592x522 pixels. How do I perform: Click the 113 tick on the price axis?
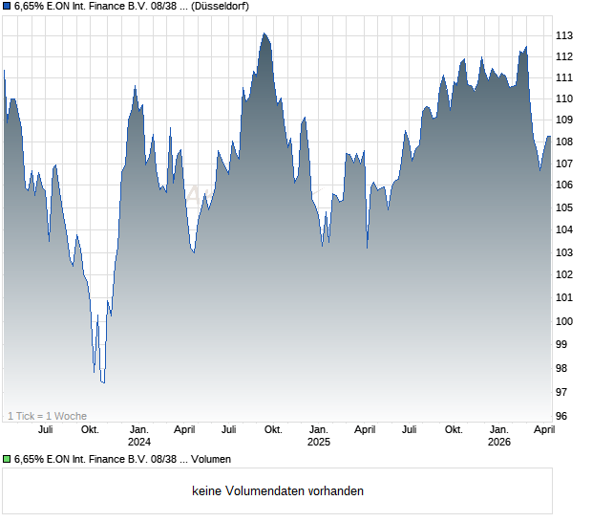pyautogui.click(x=564, y=35)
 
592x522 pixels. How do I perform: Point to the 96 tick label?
pyautogui.click(x=564, y=416)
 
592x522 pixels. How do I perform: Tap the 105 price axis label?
pyautogui.click(x=564, y=207)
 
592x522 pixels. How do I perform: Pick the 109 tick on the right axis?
pyautogui.click(x=564, y=120)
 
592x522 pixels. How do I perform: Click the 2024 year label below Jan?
pyautogui.click(x=139, y=442)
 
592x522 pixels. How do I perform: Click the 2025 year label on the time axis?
pyautogui.click(x=318, y=442)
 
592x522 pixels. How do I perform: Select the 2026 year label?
pyautogui.click(x=498, y=442)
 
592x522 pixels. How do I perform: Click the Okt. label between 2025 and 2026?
pyautogui.click(x=454, y=429)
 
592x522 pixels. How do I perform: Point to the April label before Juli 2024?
pyautogui.click(x=184, y=429)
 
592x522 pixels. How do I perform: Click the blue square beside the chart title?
pyautogui.click(x=7, y=8)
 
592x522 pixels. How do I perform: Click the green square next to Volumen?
pyautogui.click(x=7, y=459)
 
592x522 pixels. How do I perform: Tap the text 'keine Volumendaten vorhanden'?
pyautogui.click(x=278, y=491)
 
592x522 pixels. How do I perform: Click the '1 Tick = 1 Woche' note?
pyautogui.click(x=47, y=416)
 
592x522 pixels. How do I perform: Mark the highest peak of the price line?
pyautogui.click(x=264, y=33)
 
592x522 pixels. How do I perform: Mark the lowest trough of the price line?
pyautogui.click(x=103, y=382)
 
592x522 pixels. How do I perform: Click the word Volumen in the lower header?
pyautogui.click(x=211, y=459)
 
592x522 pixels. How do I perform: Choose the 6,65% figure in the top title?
pyautogui.click(x=29, y=8)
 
